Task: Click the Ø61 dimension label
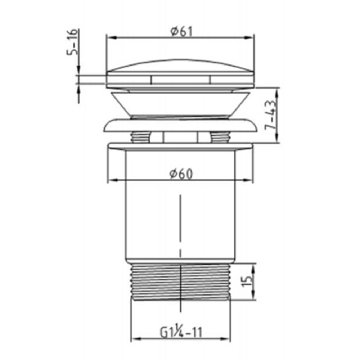click(x=181, y=32)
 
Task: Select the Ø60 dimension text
click(x=181, y=174)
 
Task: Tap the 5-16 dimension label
click(x=72, y=42)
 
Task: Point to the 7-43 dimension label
click(x=273, y=114)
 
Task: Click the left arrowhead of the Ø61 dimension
click(x=109, y=37)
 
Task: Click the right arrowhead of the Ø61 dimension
click(x=252, y=37)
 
